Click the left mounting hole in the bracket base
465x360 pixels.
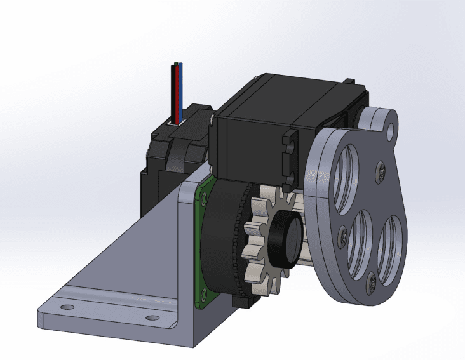coord(65,307)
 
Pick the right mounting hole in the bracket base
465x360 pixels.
coord(151,317)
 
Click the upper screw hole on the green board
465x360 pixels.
coord(203,199)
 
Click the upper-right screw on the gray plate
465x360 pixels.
coord(381,170)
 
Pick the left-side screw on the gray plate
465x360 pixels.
coord(342,234)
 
